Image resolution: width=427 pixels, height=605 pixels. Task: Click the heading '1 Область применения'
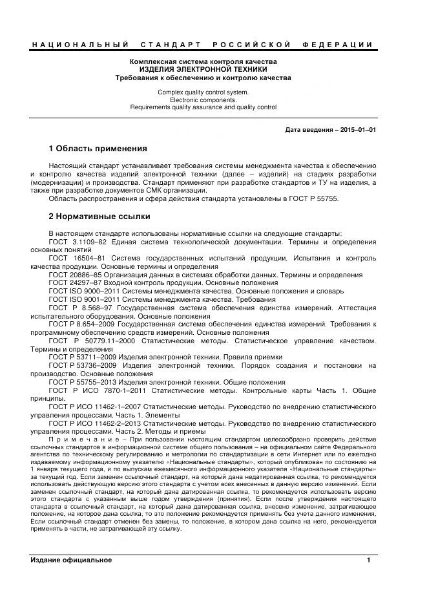click(x=98, y=149)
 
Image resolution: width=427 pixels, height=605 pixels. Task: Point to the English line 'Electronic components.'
click(x=203, y=100)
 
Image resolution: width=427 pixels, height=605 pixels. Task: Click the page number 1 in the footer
click(x=369, y=560)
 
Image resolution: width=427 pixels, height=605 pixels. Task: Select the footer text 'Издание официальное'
click(x=71, y=560)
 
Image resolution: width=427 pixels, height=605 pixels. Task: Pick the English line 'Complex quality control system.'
click(x=203, y=92)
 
